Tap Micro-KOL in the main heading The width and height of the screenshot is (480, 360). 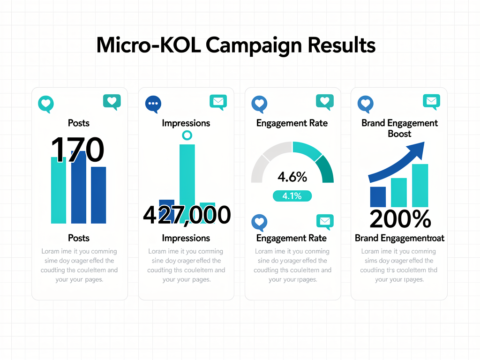[x=149, y=45]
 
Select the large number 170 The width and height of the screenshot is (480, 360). [x=77, y=150]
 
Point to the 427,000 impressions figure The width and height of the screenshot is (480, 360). [x=186, y=215]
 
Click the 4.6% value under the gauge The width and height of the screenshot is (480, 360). [x=292, y=177]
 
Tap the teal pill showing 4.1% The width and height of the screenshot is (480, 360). [x=292, y=196]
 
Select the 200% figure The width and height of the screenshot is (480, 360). [x=399, y=219]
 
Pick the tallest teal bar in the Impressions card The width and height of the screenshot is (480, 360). [x=187, y=173]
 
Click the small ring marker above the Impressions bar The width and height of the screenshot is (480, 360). [x=187, y=136]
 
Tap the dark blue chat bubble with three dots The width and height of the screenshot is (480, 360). [x=153, y=104]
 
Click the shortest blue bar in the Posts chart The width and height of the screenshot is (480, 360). [x=98, y=195]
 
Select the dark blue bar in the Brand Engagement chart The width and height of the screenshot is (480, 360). [x=378, y=197]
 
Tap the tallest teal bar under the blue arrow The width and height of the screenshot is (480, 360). [x=420, y=186]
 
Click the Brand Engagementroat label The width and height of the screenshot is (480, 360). [x=399, y=238]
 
